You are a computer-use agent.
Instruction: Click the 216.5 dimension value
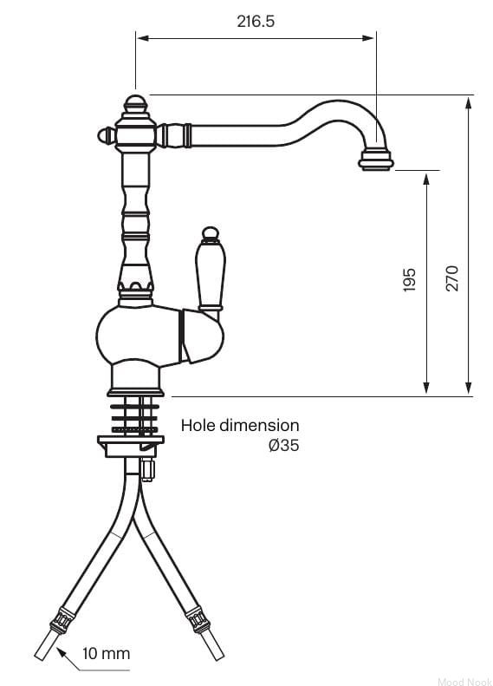(256, 21)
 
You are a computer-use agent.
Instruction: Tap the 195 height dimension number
(409, 280)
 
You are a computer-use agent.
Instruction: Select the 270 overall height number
(452, 278)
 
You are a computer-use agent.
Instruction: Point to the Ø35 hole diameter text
(284, 446)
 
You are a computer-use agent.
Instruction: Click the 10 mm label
(107, 654)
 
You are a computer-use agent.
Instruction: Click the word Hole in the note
(198, 425)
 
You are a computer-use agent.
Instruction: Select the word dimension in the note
(259, 425)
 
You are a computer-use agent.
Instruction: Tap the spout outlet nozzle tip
(376, 160)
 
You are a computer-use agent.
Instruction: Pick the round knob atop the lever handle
(211, 233)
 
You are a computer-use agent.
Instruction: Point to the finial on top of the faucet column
(135, 104)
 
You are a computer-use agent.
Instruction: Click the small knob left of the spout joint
(107, 135)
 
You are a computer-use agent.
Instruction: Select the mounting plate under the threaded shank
(131, 446)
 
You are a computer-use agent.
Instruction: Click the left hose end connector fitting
(62, 619)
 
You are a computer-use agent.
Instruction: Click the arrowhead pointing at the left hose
(62, 654)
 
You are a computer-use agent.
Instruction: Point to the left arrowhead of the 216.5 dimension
(143, 38)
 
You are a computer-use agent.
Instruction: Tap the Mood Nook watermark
(464, 681)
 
